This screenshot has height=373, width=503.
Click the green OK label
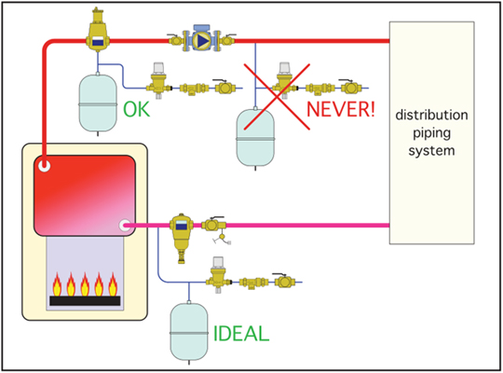click(137, 109)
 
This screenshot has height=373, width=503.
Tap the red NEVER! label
click(341, 109)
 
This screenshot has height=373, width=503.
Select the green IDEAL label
click(241, 334)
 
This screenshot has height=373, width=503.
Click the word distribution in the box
click(431, 115)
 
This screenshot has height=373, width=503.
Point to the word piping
click(431, 133)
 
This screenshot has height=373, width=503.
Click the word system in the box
click(431, 150)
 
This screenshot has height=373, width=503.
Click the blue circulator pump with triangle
click(201, 40)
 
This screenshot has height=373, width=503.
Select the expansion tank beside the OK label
click(98, 104)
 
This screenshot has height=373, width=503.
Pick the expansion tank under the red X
click(255, 138)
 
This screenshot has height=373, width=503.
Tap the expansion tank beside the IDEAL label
click(188, 332)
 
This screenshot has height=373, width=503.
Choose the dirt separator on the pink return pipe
click(182, 236)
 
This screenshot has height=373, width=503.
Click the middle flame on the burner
click(85, 284)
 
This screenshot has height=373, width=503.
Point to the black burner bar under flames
click(85, 300)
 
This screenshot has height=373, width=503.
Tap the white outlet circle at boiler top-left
click(44, 166)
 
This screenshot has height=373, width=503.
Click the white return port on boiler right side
click(125, 226)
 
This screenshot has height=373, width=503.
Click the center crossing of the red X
click(278, 96)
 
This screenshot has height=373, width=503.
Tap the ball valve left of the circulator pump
click(175, 39)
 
